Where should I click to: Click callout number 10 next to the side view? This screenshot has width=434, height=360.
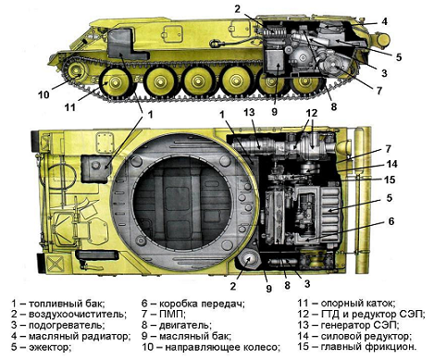tap(43, 93)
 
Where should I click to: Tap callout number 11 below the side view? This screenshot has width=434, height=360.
tap(70, 107)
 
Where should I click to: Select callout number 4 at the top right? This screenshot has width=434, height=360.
tap(384, 21)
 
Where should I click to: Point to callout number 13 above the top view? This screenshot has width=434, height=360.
tap(249, 112)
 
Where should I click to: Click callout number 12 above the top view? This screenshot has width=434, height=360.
tap(312, 113)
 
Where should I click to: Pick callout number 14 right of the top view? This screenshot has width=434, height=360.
tap(391, 164)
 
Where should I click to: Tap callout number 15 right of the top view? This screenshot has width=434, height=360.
tap(390, 180)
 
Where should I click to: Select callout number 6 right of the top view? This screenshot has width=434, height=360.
tap(391, 221)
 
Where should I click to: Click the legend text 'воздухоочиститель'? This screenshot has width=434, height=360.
tap(77, 315)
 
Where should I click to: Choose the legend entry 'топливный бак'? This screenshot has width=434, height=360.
tap(66, 304)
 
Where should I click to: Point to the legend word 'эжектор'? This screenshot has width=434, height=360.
tap(49, 347)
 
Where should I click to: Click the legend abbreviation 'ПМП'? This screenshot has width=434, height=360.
tap(171, 315)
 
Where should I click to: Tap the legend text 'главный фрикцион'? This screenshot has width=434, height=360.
tap(368, 346)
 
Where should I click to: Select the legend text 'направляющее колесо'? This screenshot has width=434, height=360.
tap(221, 347)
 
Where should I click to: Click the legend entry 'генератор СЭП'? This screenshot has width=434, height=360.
tap(359, 325)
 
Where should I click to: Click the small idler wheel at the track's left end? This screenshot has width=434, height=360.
tap(75, 71)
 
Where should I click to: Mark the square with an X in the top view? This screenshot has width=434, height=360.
tap(55, 265)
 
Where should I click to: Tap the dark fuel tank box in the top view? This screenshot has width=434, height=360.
tap(95, 168)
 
